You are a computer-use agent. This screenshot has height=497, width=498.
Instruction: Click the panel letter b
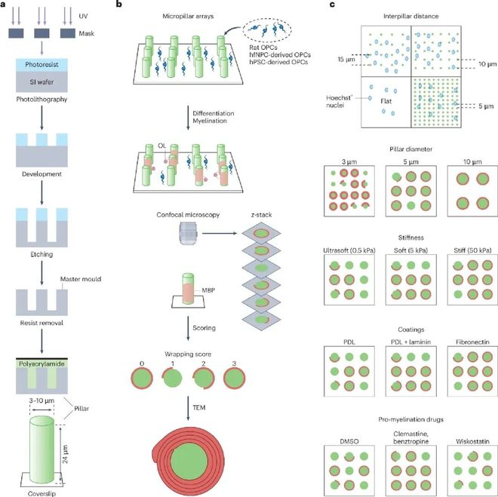pyautogui.click(x=119, y=5)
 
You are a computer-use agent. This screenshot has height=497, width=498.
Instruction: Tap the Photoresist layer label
pyautogui.click(x=41, y=64)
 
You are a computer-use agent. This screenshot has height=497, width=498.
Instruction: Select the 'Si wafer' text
pyautogui.click(x=41, y=82)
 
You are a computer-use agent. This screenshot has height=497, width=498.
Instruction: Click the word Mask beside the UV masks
pyautogui.click(x=86, y=33)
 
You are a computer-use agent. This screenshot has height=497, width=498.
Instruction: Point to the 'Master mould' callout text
pyautogui.click(x=81, y=279)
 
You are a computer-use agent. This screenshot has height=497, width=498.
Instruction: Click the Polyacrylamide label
pyautogui.click(x=41, y=364)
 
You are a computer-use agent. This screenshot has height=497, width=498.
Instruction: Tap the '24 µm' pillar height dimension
pyautogui.click(x=65, y=454)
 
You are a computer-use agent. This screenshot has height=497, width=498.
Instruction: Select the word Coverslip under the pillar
pyautogui.click(x=41, y=493)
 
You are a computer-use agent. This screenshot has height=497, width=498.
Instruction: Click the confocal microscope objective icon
pyautogui.click(x=189, y=233)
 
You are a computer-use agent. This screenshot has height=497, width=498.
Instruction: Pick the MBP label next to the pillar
pyautogui.click(x=208, y=290)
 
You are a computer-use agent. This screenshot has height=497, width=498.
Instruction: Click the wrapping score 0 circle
pyautogui.click(x=142, y=379)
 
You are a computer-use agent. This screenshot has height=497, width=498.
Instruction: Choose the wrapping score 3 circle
pyautogui.click(x=234, y=379)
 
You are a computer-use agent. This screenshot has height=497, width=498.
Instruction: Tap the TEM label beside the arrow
pyautogui.click(x=199, y=407)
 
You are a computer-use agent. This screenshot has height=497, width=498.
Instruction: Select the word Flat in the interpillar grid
pyautogui.click(x=386, y=101)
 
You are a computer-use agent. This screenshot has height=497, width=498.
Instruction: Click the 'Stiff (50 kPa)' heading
pyautogui.click(x=472, y=250)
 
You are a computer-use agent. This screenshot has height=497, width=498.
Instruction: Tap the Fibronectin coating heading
pyautogui.click(x=472, y=342)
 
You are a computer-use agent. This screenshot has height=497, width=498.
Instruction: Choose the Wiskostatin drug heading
pyautogui.click(x=472, y=441)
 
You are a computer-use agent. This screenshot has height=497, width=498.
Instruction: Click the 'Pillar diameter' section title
pyautogui.click(x=411, y=149)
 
